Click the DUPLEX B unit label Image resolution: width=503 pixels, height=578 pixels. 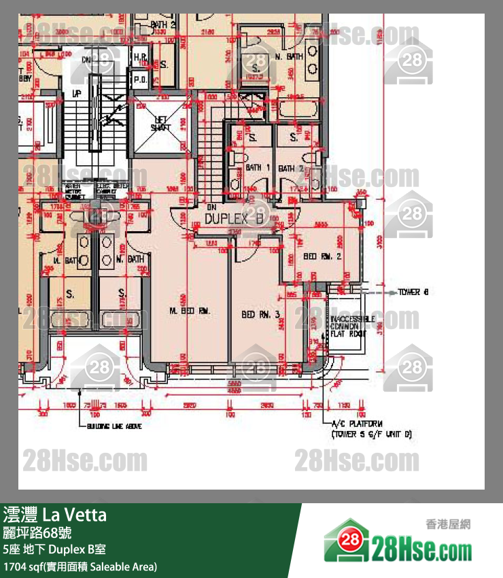coord(233,219)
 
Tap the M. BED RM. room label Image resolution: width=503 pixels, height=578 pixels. coord(190,311)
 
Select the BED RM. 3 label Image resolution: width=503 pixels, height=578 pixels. coord(260,315)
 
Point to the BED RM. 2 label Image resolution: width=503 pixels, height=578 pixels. coord(322,256)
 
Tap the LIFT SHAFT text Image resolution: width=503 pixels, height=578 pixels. coord(160,124)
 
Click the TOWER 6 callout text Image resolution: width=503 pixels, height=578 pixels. coord(413,292)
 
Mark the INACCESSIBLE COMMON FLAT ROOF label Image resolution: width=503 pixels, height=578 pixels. coord(349,326)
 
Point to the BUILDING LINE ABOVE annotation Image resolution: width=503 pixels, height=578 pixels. coord(114,426)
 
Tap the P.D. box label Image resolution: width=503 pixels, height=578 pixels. coord(140,78)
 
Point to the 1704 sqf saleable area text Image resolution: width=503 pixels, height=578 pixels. coord(80,566)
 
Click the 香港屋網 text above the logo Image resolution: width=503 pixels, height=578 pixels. coord(448,524)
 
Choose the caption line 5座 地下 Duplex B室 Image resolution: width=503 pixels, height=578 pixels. coord(54,549)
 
